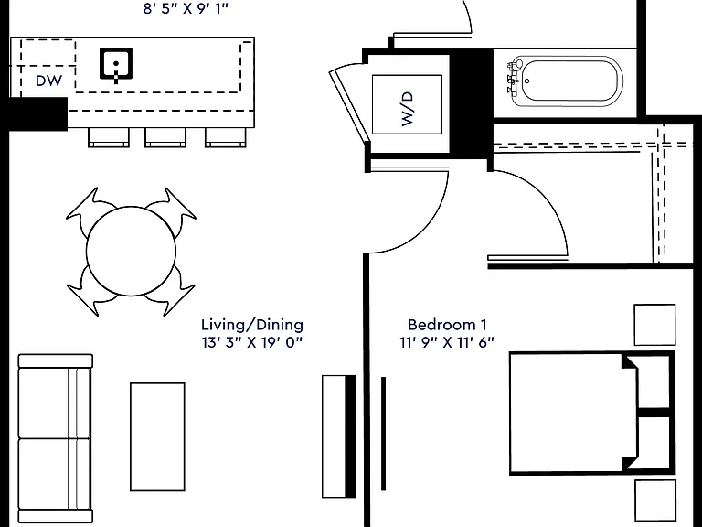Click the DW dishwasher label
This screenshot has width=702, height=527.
click(x=48, y=81)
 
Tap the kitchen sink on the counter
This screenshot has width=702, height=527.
click(x=116, y=64)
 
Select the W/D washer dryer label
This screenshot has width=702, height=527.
click(x=408, y=109)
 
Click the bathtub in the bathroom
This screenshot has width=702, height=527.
click(x=567, y=81)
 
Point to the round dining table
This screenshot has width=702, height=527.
click(x=131, y=251)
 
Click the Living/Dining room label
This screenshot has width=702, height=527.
click(x=252, y=325)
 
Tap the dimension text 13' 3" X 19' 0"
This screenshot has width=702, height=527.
click(x=252, y=343)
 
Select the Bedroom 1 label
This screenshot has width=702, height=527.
click(x=447, y=325)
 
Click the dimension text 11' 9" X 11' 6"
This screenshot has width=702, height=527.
click(x=447, y=343)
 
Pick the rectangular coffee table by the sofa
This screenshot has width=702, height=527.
click(x=157, y=437)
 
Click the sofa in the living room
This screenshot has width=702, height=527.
click(x=55, y=438)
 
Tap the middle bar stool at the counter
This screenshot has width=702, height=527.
click(x=165, y=137)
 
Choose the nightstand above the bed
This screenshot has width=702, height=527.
click(x=654, y=325)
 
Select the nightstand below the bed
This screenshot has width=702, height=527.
click(x=655, y=501)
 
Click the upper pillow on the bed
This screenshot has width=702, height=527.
click(x=647, y=382)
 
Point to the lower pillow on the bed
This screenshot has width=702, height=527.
click(x=647, y=443)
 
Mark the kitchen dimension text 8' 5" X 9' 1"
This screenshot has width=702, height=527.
click(x=186, y=8)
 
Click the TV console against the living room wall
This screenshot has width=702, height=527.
click(x=339, y=436)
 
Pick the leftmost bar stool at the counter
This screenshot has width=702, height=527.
click(x=109, y=137)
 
